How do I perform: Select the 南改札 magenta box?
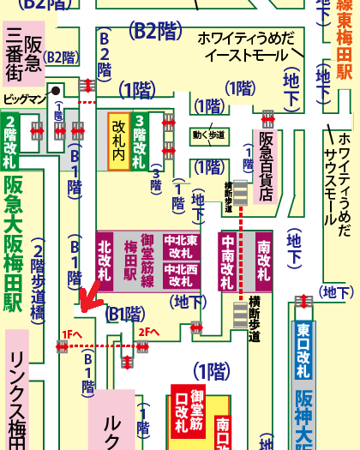[x=264, y=261]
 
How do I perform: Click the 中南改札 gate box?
[x=229, y=262]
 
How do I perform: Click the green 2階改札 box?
[x=11, y=143]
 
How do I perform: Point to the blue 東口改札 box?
[x=303, y=351]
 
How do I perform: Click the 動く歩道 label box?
[x=210, y=135]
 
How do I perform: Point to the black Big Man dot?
[x=56, y=89]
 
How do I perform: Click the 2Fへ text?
[x=149, y=332]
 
